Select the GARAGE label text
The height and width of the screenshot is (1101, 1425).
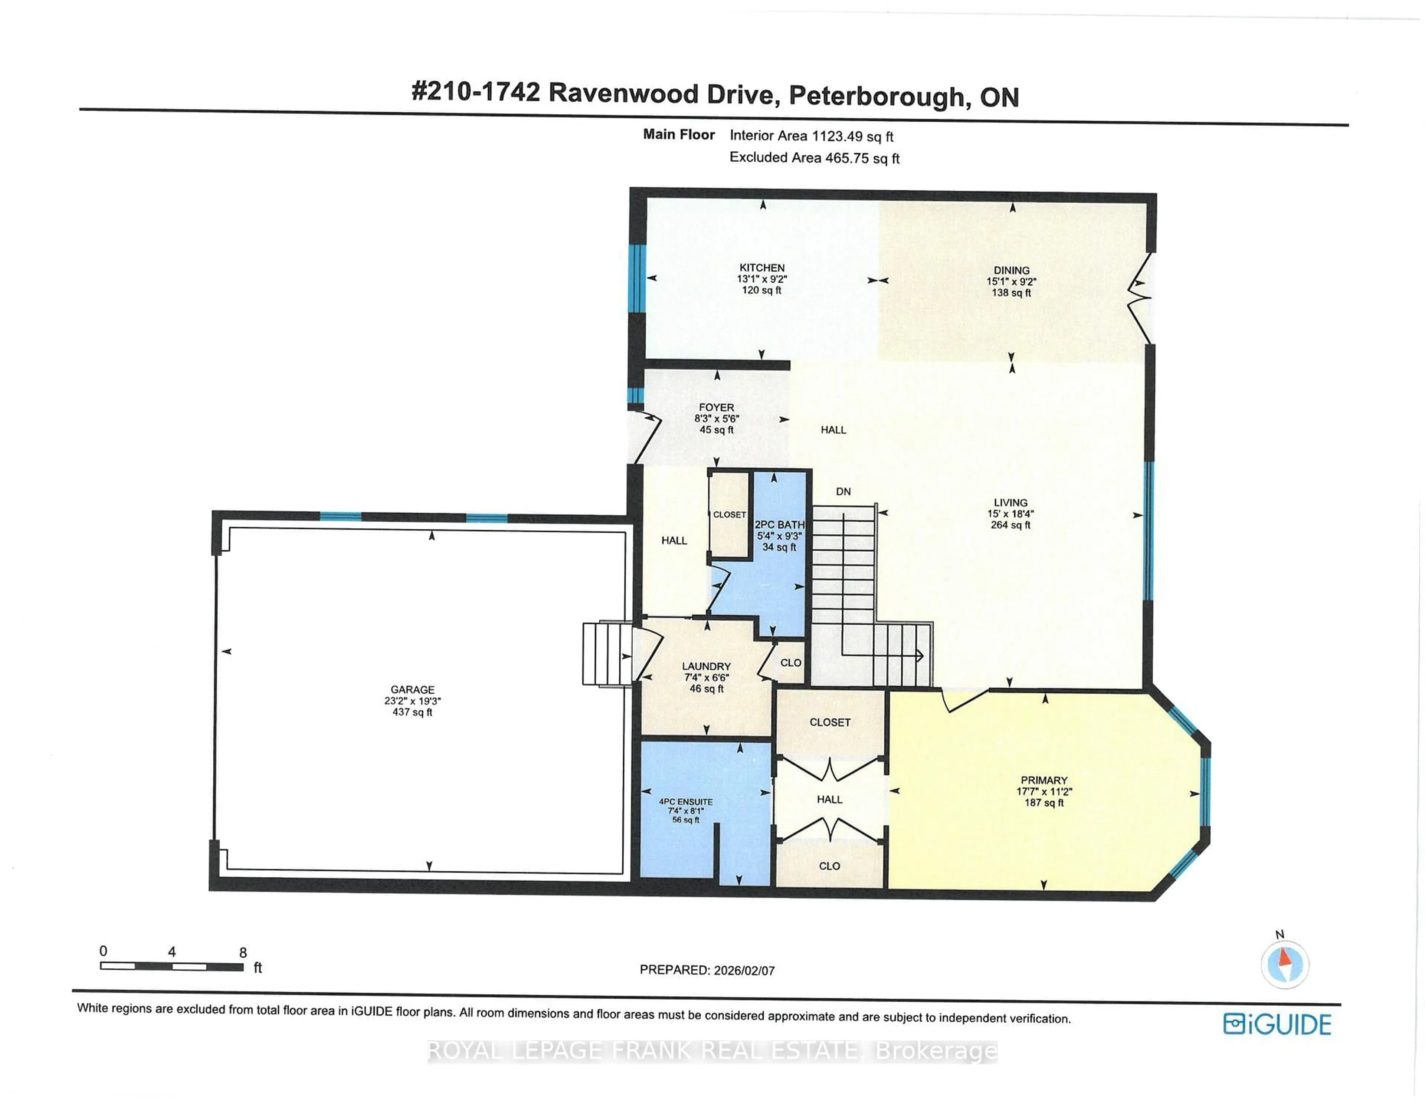pyautogui.click(x=412, y=690)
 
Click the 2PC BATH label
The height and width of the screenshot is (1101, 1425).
pyautogui.click(x=779, y=525)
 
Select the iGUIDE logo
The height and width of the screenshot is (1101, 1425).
pyautogui.click(x=1277, y=1025)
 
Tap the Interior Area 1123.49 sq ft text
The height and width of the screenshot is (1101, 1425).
pyautogui.click(x=811, y=136)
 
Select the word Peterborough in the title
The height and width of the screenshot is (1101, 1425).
pyautogui.click(x=876, y=96)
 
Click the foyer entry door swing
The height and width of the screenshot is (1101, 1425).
pyautogui.click(x=646, y=436)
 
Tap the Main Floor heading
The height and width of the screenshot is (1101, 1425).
pyautogui.click(x=679, y=134)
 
